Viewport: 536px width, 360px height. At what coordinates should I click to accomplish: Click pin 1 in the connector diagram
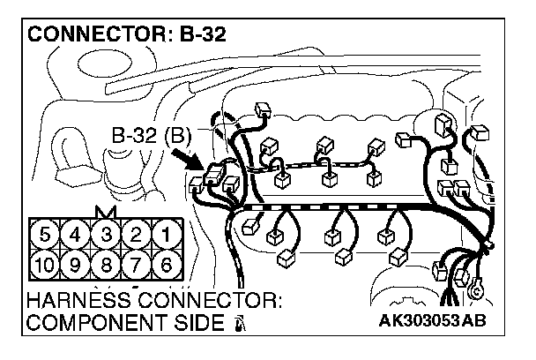[x=163, y=236]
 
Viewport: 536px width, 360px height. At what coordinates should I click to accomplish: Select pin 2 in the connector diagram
[x=135, y=236]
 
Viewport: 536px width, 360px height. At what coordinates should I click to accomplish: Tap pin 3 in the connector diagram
[x=106, y=236]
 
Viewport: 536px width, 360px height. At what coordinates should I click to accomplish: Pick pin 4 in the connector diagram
[x=77, y=236]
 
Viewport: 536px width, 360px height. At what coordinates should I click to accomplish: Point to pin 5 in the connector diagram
[x=48, y=236]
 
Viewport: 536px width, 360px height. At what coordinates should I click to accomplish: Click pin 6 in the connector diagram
[x=163, y=264]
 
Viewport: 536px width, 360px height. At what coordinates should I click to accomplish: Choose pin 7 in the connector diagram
[x=135, y=264]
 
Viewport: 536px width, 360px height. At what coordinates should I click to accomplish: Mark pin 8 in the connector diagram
[x=106, y=264]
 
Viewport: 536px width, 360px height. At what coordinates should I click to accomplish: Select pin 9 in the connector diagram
[x=77, y=264]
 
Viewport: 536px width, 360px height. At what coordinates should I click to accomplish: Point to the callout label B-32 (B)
[x=152, y=137]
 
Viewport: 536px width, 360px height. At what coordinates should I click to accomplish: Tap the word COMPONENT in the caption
[x=87, y=323]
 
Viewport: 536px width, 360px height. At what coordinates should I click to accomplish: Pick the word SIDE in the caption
[x=197, y=323]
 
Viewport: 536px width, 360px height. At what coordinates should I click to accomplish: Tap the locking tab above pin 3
[x=106, y=214]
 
